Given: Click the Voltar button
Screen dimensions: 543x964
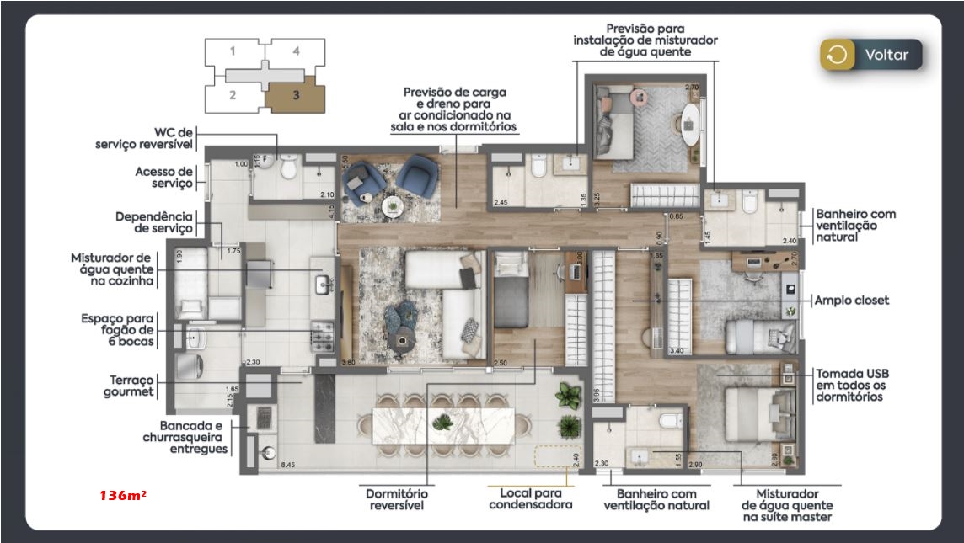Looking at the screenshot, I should [x=871, y=56].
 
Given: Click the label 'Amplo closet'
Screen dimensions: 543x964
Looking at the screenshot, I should [x=850, y=301].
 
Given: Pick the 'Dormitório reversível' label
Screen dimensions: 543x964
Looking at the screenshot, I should [x=396, y=498].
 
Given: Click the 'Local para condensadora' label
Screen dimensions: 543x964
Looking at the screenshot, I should [x=530, y=498].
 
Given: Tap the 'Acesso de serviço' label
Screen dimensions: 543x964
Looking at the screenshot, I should [x=163, y=177].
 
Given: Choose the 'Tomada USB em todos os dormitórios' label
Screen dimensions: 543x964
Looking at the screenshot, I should [x=851, y=385].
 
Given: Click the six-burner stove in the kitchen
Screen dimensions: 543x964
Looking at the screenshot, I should [x=324, y=338].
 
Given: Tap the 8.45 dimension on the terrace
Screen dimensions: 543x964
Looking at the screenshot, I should [x=288, y=465].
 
